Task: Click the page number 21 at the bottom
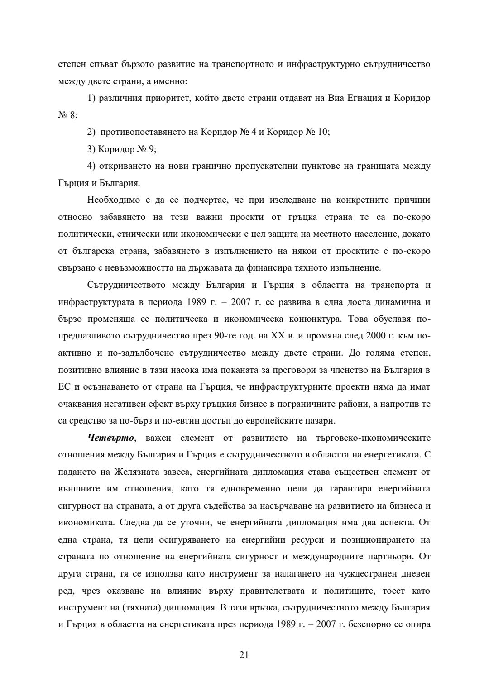pyautogui.click(x=244, y=655)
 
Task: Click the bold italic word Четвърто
pyautogui.click(x=108, y=438)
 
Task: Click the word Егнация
pyautogui.click(x=363, y=98)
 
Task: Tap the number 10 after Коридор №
pyautogui.click(x=323, y=132)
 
